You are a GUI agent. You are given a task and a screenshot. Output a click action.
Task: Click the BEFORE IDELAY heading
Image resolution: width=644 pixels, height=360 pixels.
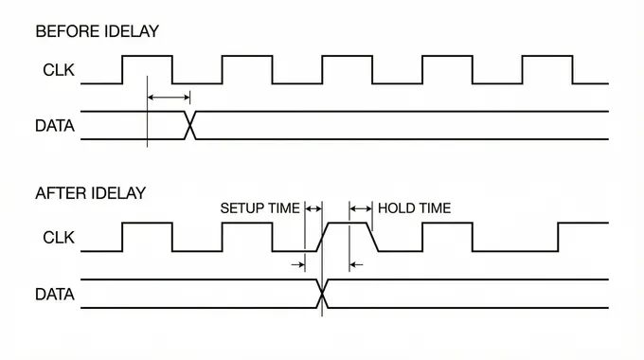point(97,31)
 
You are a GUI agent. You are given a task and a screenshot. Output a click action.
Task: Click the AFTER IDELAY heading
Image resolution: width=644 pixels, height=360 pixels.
point(90,193)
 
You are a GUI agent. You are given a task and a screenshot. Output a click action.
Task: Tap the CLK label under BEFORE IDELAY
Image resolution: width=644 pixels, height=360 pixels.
point(59,70)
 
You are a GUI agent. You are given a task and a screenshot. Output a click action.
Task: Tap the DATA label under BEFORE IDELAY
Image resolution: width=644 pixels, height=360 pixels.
point(55,126)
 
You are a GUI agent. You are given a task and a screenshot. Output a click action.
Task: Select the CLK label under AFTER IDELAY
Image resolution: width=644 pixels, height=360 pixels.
point(59,238)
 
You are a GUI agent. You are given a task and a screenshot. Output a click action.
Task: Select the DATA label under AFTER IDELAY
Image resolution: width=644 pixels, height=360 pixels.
point(55,295)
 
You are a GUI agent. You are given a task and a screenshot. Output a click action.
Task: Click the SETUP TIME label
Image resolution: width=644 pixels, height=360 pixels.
point(260,208)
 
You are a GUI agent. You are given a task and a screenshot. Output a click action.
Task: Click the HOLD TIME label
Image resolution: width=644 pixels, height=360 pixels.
point(414,208)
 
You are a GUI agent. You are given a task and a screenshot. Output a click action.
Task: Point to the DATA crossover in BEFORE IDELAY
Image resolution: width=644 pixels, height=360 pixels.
point(189,125)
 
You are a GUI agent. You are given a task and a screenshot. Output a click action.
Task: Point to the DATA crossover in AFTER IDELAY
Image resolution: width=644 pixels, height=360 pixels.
point(322,294)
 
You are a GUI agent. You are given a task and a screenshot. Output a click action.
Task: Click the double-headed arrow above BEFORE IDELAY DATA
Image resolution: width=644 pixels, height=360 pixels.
point(169,98)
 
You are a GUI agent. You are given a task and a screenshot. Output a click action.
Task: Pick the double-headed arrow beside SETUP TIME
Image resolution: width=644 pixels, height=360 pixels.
point(313,208)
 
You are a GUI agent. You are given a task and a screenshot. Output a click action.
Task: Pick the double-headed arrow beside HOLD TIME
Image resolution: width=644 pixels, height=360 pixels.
point(360,208)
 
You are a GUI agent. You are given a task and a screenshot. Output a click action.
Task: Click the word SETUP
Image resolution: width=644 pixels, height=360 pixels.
point(239,208)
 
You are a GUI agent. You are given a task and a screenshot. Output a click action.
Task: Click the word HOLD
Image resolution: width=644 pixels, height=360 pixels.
point(395,208)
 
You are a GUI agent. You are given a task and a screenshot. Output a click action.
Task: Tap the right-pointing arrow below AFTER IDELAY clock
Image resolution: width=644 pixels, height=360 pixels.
point(298,264)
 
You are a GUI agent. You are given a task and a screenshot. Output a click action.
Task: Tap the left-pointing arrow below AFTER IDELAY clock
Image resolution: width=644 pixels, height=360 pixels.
point(356,264)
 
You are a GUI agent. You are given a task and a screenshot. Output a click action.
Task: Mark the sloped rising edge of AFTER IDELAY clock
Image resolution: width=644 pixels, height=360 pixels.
point(322,237)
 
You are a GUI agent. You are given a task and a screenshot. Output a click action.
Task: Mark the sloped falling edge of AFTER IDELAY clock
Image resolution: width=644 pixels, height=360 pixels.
point(372,237)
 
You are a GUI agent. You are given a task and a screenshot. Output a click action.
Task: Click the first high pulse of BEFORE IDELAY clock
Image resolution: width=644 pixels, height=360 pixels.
point(147,56)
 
